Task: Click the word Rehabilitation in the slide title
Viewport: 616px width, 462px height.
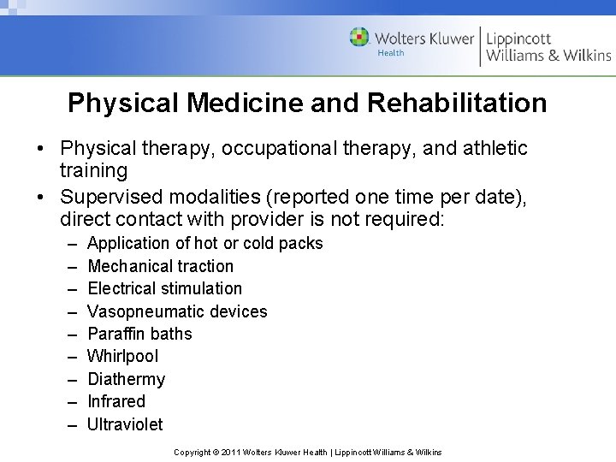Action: coord(457,104)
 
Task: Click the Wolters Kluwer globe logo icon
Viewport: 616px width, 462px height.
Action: coord(359,38)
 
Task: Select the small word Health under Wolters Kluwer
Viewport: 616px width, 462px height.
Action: coord(391,53)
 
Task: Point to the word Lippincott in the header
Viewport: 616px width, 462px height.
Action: coord(519,38)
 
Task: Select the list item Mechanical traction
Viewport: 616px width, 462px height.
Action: coord(160,266)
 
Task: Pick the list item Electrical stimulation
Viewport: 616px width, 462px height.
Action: coord(164,288)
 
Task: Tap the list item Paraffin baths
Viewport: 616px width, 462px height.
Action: coord(139,334)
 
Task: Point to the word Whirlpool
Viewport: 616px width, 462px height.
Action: coord(122,356)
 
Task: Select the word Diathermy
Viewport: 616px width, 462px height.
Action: coord(126,379)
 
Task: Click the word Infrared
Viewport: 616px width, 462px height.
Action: coord(116,401)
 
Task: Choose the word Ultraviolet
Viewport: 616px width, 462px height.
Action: coord(125,424)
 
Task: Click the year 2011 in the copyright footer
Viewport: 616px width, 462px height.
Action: coord(231,452)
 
